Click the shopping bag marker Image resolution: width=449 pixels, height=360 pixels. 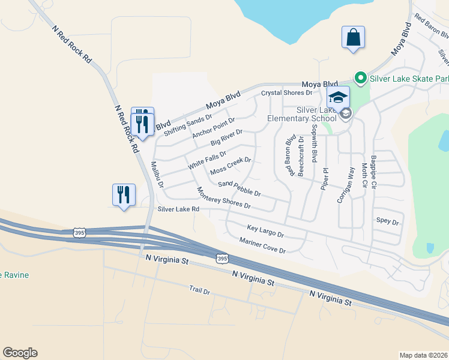pos(353,37)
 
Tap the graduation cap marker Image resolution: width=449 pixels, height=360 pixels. pos(338,97)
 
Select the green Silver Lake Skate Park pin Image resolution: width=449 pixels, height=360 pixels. pos(360,77)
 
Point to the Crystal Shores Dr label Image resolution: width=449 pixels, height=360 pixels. pos(287,93)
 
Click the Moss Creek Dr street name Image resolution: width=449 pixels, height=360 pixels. pos(231,167)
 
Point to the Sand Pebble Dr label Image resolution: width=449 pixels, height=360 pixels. pos(239,188)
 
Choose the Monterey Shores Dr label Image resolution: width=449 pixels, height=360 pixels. pos(223,197)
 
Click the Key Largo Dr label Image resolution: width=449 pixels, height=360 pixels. pos(265,230)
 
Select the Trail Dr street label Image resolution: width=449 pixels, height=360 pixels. pos(199,291)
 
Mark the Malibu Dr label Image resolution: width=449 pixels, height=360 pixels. pos(157,175)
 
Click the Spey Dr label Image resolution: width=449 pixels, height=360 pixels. pos(387,221)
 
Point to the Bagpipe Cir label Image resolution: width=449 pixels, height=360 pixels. pos(373,172)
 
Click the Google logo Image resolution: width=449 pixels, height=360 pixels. pos(20,353)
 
